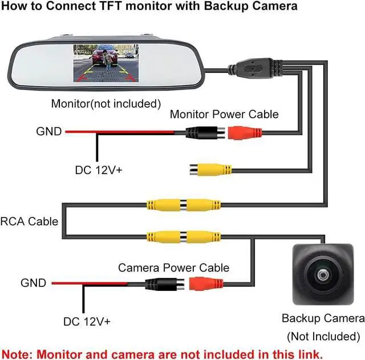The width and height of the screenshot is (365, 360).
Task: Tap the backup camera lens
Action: tap(323, 275)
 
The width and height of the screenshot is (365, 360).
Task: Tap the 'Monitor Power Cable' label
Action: tap(224, 114)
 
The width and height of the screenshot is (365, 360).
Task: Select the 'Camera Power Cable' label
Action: tap(173, 268)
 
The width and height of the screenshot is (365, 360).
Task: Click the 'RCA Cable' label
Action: tap(29, 221)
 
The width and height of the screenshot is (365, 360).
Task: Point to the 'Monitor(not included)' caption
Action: tap(106, 103)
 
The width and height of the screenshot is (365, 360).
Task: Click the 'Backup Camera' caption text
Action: tap(323, 318)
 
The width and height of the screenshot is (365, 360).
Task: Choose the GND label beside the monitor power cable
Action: tap(48, 132)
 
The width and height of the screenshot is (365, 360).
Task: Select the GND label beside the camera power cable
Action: tap(33, 282)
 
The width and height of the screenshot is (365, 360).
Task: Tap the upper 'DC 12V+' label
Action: tap(99, 170)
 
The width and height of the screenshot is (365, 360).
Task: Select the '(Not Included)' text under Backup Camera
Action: tap(323, 336)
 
